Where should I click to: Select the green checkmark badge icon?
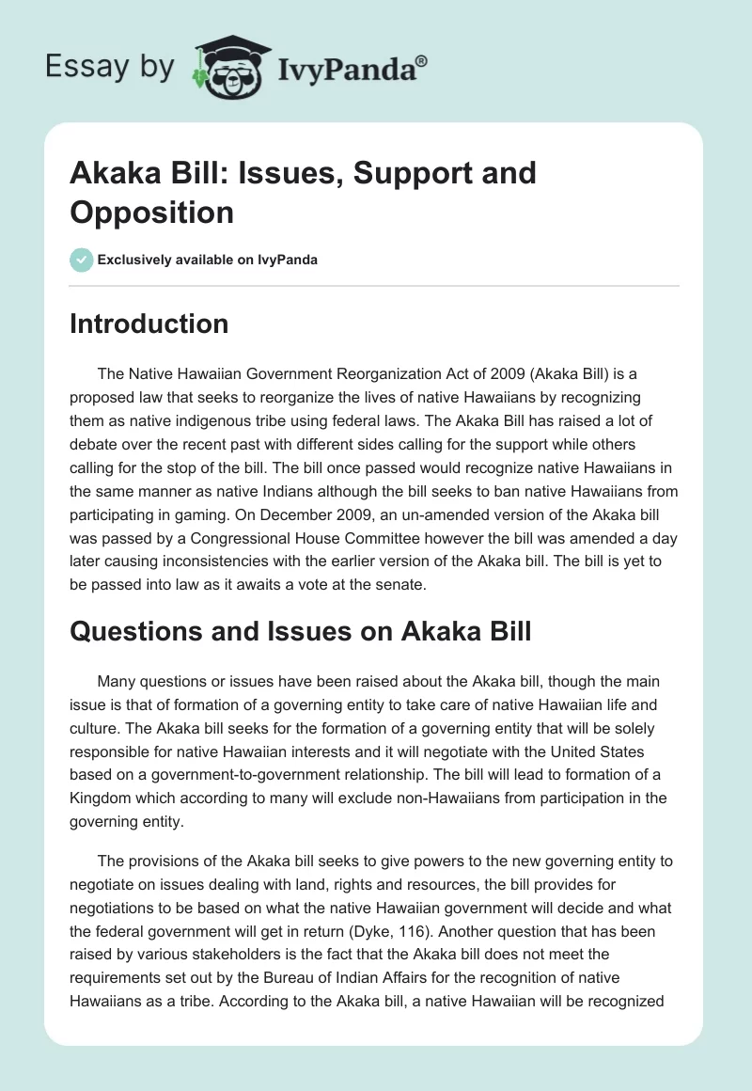click(82, 260)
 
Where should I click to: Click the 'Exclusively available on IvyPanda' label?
click(208, 260)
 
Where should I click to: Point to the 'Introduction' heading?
click(149, 324)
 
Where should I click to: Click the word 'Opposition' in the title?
click(151, 212)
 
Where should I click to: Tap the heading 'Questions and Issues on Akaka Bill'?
click(301, 631)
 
